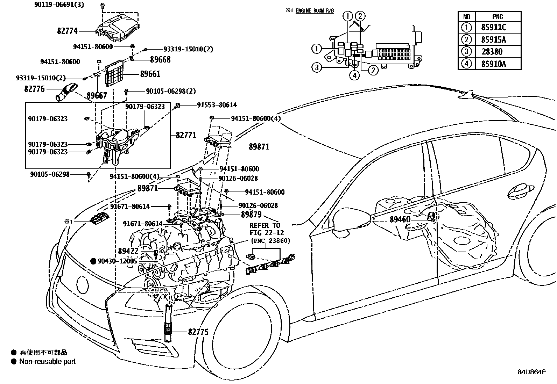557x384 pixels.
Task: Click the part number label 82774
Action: point(67,31)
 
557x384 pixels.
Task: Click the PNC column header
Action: point(497,17)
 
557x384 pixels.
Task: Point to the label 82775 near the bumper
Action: point(198,332)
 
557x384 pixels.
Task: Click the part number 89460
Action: point(400,219)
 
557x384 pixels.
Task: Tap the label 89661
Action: point(150,74)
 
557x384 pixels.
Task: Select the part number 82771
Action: point(186,135)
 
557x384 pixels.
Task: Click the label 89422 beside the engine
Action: point(128,251)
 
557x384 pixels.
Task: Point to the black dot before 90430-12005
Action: point(93,261)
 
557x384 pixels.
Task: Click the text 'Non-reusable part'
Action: point(48,361)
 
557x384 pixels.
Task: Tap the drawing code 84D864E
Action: point(532,372)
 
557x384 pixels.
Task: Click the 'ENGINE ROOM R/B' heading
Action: point(315,10)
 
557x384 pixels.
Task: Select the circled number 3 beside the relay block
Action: point(317,67)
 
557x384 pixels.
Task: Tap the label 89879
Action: point(251,214)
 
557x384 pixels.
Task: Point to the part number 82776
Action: point(34,89)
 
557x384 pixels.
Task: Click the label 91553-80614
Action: point(217,105)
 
